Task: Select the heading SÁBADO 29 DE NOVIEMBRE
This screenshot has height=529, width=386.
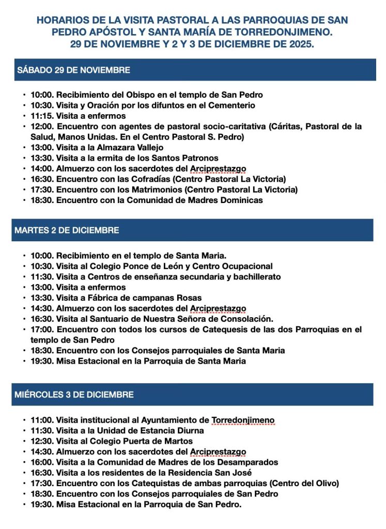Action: pyautogui.click(x=73, y=70)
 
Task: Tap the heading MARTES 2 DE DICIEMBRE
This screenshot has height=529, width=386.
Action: pyautogui.click(x=67, y=230)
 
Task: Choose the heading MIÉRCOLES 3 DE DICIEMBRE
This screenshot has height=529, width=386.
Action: pyautogui.click(x=74, y=395)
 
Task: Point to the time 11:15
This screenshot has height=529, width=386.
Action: pyautogui.click(x=42, y=116)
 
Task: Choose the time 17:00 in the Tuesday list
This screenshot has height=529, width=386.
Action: pyautogui.click(x=42, y=329)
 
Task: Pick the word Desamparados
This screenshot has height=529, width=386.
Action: pyautogui.click(x=248, y=462)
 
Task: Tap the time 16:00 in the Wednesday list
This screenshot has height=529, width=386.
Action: pyautogui.click(x=42, y=462)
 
